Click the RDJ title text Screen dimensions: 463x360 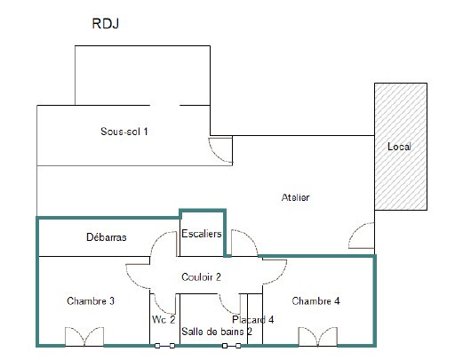(x=106, y=23)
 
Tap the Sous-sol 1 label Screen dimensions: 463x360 (x=124, y=132)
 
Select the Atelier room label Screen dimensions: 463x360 (x=295, y=197)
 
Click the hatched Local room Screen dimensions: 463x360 (x=401, y=147)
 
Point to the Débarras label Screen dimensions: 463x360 (x=107, y=237)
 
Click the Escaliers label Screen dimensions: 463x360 (x=202, y=234)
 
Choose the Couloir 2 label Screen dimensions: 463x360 (x=201, y=277)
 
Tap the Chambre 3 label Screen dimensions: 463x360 (x=91, y=301)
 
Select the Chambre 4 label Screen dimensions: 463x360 (x=315, y=301)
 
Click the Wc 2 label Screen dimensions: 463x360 (x=164, y=319)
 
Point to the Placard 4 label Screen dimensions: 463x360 (x=253, y=320)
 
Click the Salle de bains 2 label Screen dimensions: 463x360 (x=217, y=332)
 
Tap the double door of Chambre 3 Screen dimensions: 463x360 (x=84, y=337)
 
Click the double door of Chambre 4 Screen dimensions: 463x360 (x=318, y=337)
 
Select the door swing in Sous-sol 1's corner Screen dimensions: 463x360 (x=220, y=150)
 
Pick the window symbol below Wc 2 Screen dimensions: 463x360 (x=164, y=346)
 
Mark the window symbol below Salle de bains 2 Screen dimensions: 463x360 (x=231, y=346)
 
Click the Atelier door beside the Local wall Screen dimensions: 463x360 (x=362, y=236)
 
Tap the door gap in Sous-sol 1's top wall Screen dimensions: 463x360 (x=164, y=105)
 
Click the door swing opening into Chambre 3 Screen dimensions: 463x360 (x=138, y=276)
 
